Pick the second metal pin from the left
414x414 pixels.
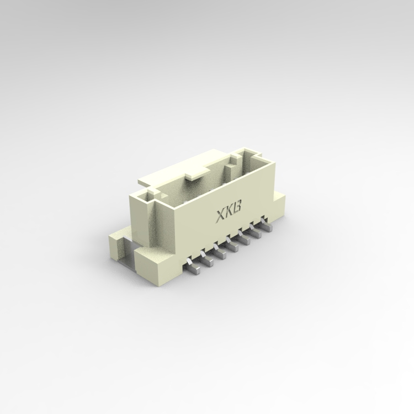point(207,259)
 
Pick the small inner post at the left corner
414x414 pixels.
point(150,194)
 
